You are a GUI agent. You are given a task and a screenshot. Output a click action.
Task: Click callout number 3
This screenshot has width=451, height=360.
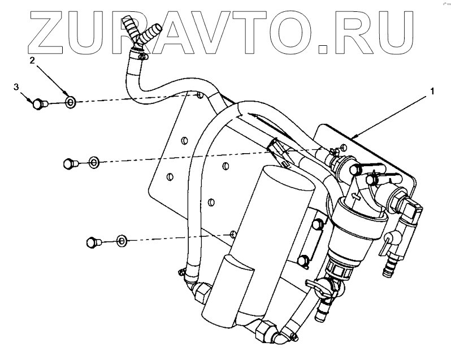[x=16, y=86]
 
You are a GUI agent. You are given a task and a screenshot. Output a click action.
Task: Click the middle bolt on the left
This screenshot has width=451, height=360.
[x=68, y=163]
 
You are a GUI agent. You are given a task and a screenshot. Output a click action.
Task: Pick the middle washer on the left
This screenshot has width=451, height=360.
[x=93, y=163]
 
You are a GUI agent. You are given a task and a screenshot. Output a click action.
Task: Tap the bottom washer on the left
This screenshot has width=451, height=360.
[x=122, y=241]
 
